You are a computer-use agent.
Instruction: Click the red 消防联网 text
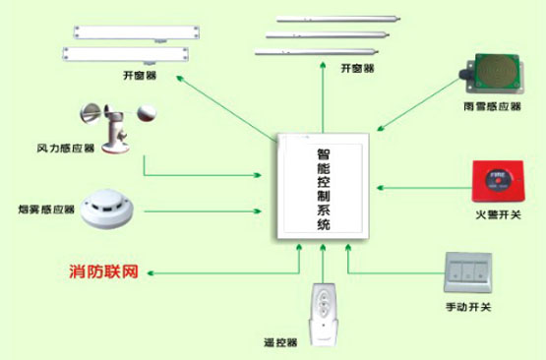point(103,271)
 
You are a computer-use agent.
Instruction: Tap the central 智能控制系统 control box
point(323,186)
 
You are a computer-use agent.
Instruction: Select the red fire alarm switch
point(498,181)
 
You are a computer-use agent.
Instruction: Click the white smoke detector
point(106,209)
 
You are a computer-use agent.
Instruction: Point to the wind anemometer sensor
point(117,128)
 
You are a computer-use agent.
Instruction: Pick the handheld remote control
point(324,315)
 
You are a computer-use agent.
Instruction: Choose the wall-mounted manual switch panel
point(467,272)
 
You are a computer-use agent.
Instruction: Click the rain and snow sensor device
point(492,74)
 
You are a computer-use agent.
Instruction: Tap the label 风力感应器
point(66,149)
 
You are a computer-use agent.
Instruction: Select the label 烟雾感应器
point(46,210)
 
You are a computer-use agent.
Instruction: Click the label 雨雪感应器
point(492,106)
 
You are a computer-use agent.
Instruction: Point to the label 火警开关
point(499,214)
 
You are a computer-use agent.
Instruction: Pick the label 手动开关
point(468,307)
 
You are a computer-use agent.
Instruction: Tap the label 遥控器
point(280,342)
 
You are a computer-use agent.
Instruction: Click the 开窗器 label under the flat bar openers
point(140,75)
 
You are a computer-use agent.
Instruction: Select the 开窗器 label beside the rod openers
point(357,68)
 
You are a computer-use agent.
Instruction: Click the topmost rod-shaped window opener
point(338,19)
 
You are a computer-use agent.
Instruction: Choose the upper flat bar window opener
point(136,33)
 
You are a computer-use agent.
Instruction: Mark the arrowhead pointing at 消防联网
point(151,273)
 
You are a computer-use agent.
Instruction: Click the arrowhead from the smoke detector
point(258,211)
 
